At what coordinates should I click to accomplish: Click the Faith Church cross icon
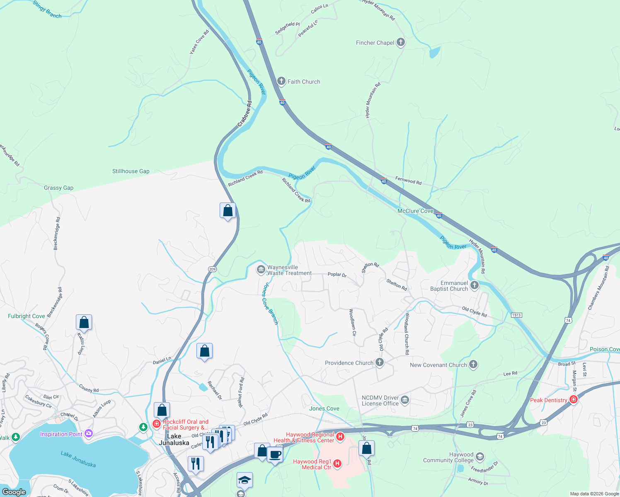[x=281, y=81]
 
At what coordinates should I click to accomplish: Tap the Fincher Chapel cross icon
[x=400, y=42]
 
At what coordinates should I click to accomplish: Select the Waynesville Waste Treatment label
[x=289, y=270]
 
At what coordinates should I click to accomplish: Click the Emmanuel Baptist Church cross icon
[x=475, y=285]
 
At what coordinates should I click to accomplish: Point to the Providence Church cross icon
[x=379, y=363]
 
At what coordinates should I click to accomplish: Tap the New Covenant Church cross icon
[x=473, y=365]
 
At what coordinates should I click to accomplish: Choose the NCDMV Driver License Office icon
[x=405, y=400]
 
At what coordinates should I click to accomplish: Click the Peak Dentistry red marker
[x=574, y=400]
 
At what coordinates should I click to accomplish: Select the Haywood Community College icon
[x=480, y=457]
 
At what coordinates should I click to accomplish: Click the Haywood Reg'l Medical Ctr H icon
[x=337, y=463]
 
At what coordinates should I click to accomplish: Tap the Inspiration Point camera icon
[x=88, y=434]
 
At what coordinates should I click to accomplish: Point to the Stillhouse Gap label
[x=131, y=171]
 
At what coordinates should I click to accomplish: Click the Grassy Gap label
[x=58, y=188]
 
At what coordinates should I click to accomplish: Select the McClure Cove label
[x=415, y=211]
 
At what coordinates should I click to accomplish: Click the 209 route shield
[x=212, y=269]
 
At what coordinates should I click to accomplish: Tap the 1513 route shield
[x=516, y=315]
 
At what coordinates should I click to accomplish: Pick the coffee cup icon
[x=274, y=455]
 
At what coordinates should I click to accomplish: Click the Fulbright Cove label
[x=27, y=316]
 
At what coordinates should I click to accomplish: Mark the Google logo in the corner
[x=14, y=492]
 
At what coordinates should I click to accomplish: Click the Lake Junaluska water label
[x=78, y=459]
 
